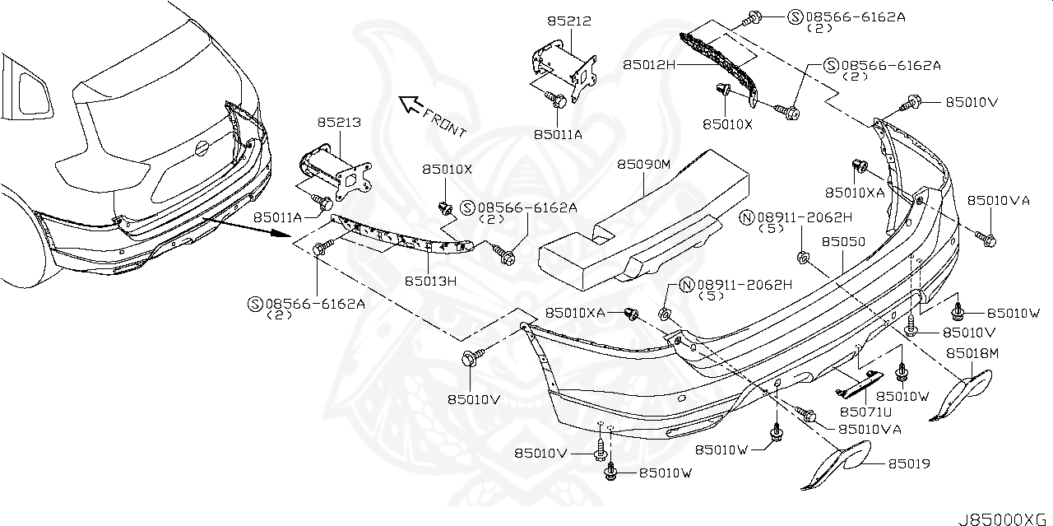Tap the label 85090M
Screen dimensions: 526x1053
(645, 165)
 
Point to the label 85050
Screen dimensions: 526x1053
(843, 243)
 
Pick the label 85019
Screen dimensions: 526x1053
(909, 464)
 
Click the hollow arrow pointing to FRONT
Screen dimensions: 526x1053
(411, 105)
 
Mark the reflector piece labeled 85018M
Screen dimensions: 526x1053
(963, 394)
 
